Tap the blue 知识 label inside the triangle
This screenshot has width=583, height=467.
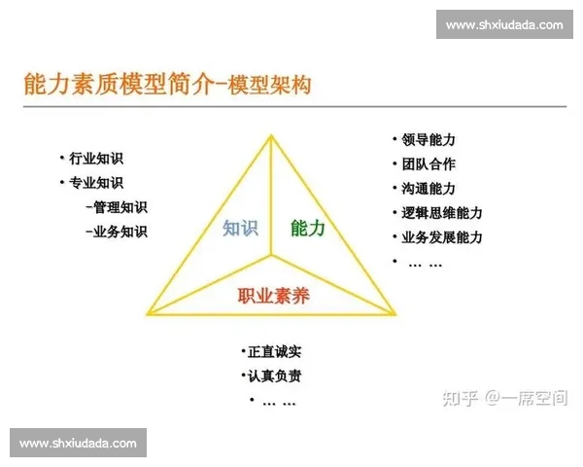240,228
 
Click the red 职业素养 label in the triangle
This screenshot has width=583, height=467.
273,295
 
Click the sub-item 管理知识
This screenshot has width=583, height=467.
116,206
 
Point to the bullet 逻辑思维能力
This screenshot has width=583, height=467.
441,213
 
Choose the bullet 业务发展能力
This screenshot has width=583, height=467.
441,237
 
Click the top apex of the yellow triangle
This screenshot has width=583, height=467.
271,135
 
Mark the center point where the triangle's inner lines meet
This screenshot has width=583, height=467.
272,257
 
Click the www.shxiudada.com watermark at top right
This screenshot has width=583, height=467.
504,25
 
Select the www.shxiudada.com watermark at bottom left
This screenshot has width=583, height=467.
78,443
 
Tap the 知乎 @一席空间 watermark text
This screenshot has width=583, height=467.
504,398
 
